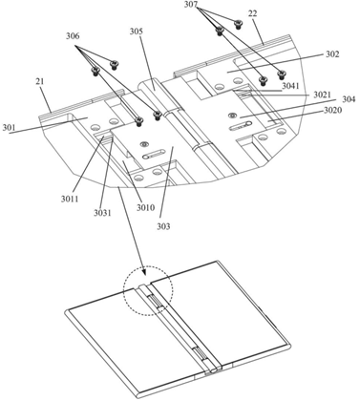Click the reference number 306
[x=73, y=36]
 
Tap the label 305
[x=137, y=32]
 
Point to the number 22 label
[x=252, y=13]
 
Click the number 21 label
[x=40, y=81]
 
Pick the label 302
[x=332, y=54]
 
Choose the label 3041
[x=290, y=86]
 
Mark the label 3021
[x=322, y=95]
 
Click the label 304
[x=349, y=99]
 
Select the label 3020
[x=333, y=111]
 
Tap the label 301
[x=9, y=128]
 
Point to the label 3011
[x=70, y=200]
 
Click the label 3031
[x=102, y=213]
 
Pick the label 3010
[x=146, y=208]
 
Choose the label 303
[x=163, y=226]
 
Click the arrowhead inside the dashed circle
[x=145, y=271]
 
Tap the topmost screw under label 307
[x=238, y=24]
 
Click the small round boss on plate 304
[x=232, y=115]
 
